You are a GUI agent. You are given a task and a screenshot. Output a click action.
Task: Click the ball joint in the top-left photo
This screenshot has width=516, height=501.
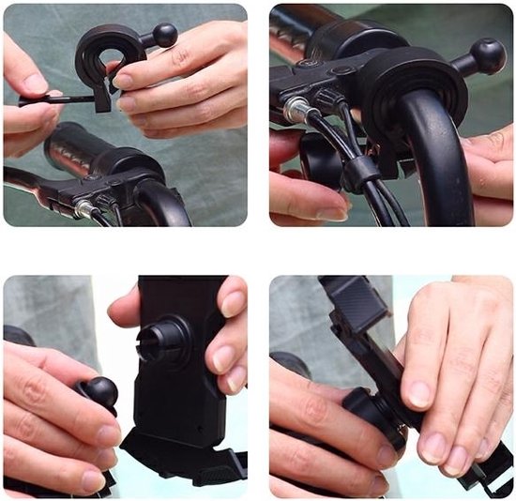(x=165, y=36)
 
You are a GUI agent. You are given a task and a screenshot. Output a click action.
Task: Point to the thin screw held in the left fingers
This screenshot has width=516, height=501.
(x=56, y=98)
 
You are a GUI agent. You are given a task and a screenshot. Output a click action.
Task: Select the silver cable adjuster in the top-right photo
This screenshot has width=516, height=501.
(x=296, y=111)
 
